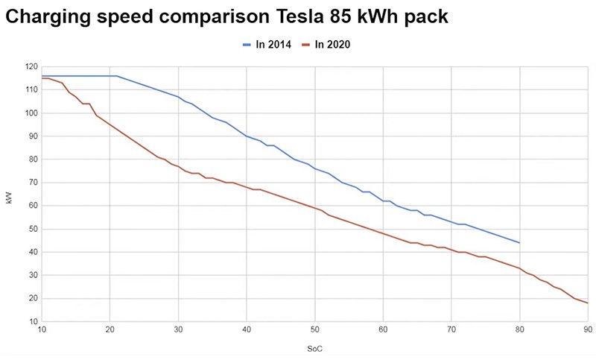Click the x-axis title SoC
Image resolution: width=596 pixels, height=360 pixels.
tap(315, 348)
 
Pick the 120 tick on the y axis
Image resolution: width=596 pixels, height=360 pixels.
tap(30, 67)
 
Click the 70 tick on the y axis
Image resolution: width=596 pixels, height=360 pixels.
tap(32, 183)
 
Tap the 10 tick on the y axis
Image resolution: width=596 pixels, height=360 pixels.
tap(32, 321)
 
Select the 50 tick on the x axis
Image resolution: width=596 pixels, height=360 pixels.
tap(315, 330)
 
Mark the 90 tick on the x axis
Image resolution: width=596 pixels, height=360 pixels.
tap(588, 330)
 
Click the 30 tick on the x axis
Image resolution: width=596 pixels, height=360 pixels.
tap(178, 330)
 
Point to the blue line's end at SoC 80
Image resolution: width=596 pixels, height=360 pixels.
tap(519, 243)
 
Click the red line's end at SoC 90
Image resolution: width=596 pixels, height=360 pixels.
tap(588, 303)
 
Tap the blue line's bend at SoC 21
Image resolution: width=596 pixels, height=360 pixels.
tap(116, 76)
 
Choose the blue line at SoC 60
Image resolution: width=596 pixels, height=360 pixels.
tap(383, 200)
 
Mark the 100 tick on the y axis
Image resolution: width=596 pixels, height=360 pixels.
tap(30, 113)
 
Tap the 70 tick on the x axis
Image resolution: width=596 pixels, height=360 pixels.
tap(451, 330)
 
